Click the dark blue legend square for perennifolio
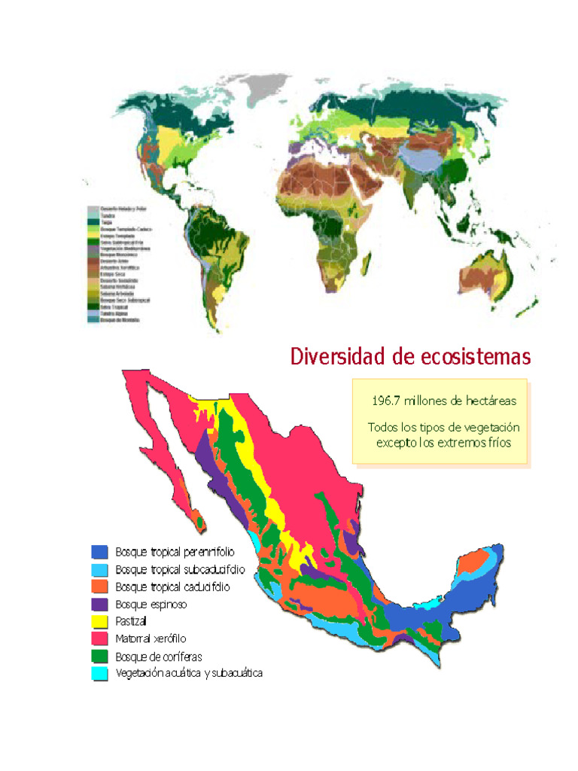pyautogui.click(x=99, y=552)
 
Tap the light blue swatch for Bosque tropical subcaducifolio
pyautogui.click(x=99, y=569)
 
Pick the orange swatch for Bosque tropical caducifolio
pyautogui.click(x=99, y=587)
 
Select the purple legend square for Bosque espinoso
pyautogui.click(x=99, y=604)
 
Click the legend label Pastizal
pyautogui.click(x=131, y=621)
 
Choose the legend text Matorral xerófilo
pyautogui.click(x=151, y=638)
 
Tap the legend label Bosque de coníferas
pyautogui.click(x=158, y=656)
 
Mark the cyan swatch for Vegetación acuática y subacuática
pyautogui.click(x=99, y=673)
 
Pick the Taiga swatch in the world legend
pyautogui.click(x=92, y=221)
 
